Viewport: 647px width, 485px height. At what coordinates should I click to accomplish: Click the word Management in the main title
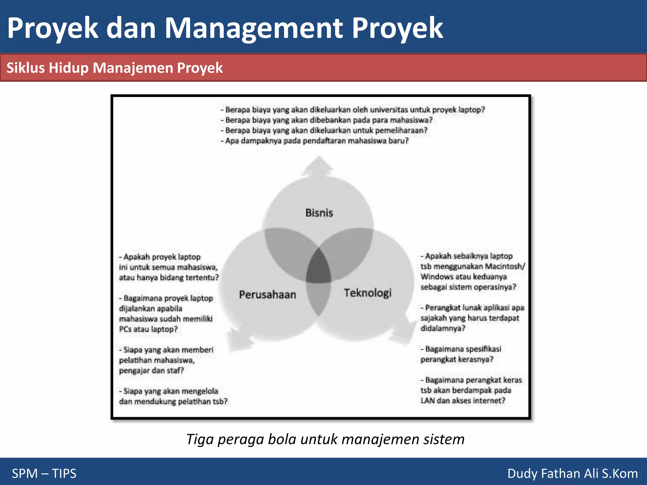(x=253, y=28)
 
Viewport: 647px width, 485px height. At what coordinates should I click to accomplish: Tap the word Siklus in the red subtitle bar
(x=26, y=68)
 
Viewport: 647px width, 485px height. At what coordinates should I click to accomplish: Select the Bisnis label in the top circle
(x=319, y=213)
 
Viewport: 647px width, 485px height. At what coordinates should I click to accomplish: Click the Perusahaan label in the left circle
(x=268, y=295)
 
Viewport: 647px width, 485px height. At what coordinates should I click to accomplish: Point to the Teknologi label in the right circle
(x=367, y=293)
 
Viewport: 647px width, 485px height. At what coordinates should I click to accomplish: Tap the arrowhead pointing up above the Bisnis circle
(x=318, y=166)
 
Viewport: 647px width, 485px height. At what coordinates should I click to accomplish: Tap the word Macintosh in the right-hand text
(x=504, y=266)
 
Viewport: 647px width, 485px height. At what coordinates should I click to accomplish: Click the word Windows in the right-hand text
(x=436, y=277)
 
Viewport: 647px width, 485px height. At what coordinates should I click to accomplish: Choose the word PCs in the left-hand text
(x=125, y=329)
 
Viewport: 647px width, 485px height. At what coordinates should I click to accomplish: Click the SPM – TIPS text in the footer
(x=44, y=473)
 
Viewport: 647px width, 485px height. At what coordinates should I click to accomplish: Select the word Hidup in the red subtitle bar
(x=69, y=68)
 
